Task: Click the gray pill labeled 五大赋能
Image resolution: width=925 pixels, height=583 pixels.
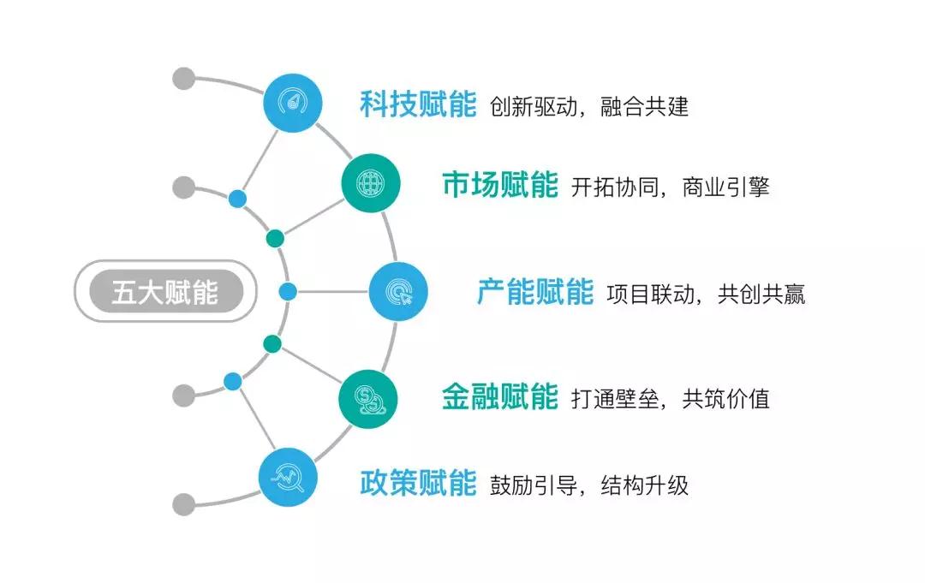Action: click(x=166, y=291)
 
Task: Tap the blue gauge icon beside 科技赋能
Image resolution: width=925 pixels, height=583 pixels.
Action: click(x=293, y=103)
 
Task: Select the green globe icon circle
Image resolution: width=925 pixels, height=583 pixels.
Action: click(x=371, y=182)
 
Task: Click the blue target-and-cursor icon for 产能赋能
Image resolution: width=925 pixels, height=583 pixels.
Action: click(x=398, y=291)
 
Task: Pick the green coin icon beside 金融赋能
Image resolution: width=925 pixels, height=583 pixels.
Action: click(x=368, y=399)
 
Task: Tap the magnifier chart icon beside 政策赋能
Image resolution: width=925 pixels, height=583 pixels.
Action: click(x=288, y=477)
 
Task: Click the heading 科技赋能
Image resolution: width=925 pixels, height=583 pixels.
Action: click(x=418, y=104)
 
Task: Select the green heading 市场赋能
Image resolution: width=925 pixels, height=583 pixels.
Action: click(x=499, y=185)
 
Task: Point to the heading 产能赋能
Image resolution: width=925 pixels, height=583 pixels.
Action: click(x=535, y=292)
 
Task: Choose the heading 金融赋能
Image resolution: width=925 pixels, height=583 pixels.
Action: click(x=499, y=396)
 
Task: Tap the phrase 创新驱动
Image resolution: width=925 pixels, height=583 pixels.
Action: click(x=534, y=107)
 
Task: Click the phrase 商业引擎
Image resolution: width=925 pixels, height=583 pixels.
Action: click(x=725, y=187)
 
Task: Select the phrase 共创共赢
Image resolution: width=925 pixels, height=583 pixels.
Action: click(x=761, y=294)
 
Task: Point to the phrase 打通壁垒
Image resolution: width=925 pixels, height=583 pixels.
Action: click(x=615, y=399)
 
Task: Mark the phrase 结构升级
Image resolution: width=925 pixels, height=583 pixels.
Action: click(x=645, y=485)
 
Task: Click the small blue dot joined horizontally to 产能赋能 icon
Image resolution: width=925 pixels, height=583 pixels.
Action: click(x=288, y=291)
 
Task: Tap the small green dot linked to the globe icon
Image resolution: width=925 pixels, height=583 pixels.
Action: click(x=275, y=239)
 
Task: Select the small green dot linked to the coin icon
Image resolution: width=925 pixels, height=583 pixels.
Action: click(x=272, y=343)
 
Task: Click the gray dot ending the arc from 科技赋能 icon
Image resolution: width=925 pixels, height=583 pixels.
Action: click(x=183, y=79)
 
